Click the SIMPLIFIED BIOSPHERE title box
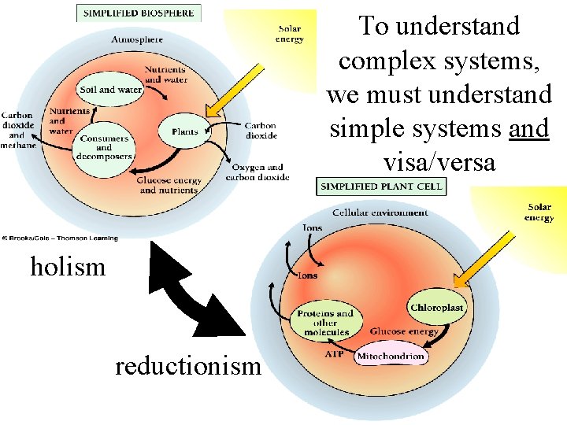tap(139, 13)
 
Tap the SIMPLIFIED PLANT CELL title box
tap(381, 187)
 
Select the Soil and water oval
tap(109, 90)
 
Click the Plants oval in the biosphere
tap(185, 131)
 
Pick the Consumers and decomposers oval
tap(104, 147)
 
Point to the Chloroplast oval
tap(437, 307)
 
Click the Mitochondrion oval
tap(391, 357)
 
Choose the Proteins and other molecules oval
tap(324, 323)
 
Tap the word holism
tap(68, 268)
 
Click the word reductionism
tap(187, 366)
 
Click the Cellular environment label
tap(380, 213)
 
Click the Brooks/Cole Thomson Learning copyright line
tap(60, 238)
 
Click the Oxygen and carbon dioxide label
tap(258, 172)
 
